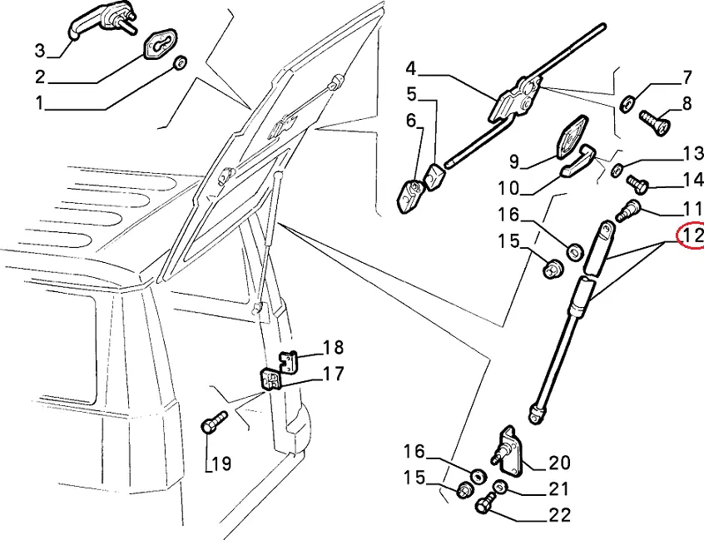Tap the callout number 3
(x=40, y=50)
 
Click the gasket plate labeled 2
(x=161, y=43)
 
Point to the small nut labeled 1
(x=181, y=63)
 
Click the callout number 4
(x=411, y=69)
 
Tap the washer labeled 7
(x=627, y=103)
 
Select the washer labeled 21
(x=499, y=486)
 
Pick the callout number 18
(x=333, y=347)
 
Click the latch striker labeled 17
(x=270, y=379)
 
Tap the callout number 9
(x=514, y=161)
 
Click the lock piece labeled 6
(x=410, y=196)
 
